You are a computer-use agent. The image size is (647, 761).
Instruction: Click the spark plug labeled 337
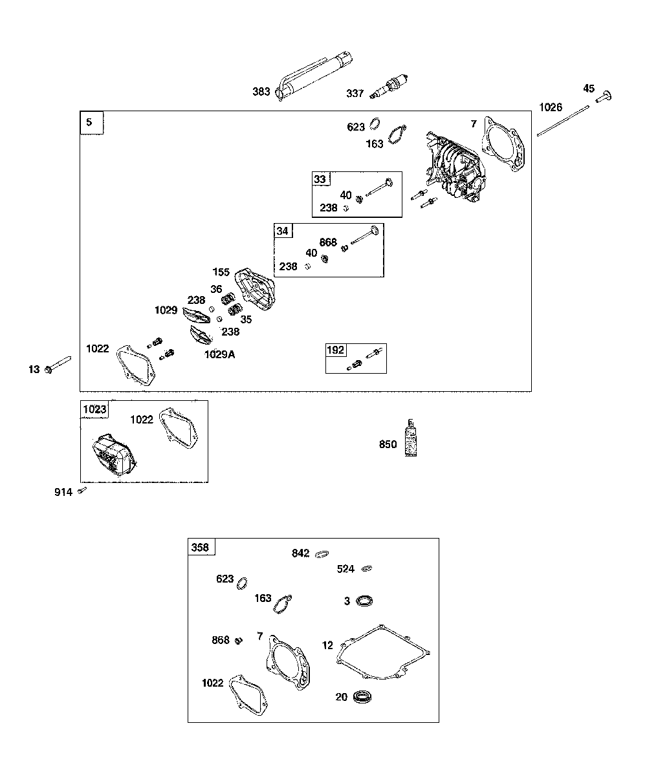click(x=389, y=87)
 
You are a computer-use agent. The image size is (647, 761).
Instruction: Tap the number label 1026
click(x=551, y=107)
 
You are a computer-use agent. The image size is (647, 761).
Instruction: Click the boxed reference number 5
click(x=90, y=122)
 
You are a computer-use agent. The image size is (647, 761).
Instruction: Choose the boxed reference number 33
click(x=320, y=179)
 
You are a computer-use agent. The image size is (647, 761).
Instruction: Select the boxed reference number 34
click(x=283, y=231)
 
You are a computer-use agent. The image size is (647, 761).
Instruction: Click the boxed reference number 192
click(x=335, y=350)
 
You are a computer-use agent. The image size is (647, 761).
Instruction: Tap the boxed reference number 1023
click(x=94, y=409)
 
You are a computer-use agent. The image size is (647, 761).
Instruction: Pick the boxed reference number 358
click(x=201, y=547)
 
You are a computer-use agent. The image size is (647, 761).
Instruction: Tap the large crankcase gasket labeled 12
click(x=382, y=652)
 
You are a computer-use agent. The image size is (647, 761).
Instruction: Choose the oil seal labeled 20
click(x=364, y=697)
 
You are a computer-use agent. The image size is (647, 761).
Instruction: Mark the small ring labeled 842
click(x=322, y=553)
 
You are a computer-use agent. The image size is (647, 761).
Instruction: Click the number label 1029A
click(x=220, y=354)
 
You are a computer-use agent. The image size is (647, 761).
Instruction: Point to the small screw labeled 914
click(x=82, y=491)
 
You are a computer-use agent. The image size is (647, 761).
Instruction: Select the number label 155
click(x=221, y=272)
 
